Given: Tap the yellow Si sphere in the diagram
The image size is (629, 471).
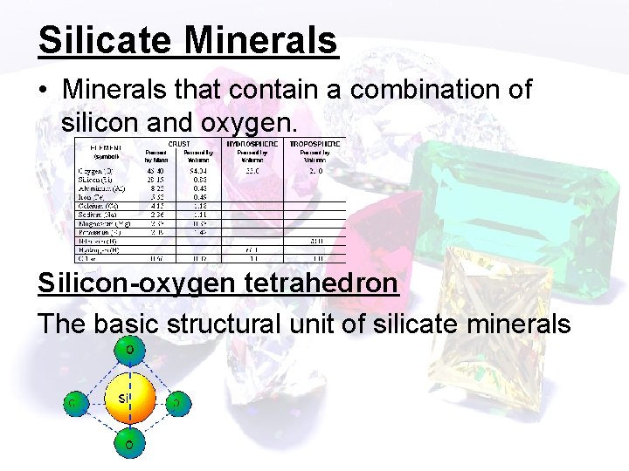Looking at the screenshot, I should click(x=128, y=400).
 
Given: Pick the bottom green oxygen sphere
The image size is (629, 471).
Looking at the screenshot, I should click(x=129, y=445).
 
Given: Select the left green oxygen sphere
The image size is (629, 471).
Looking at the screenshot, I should click(x=75, y=403).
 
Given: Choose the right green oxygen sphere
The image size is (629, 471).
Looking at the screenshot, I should click(x=177, y=403).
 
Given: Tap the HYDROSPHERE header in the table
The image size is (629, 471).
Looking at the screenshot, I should click(x=253, y=143).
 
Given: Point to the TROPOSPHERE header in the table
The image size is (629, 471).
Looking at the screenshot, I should click(x=314, y=143).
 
